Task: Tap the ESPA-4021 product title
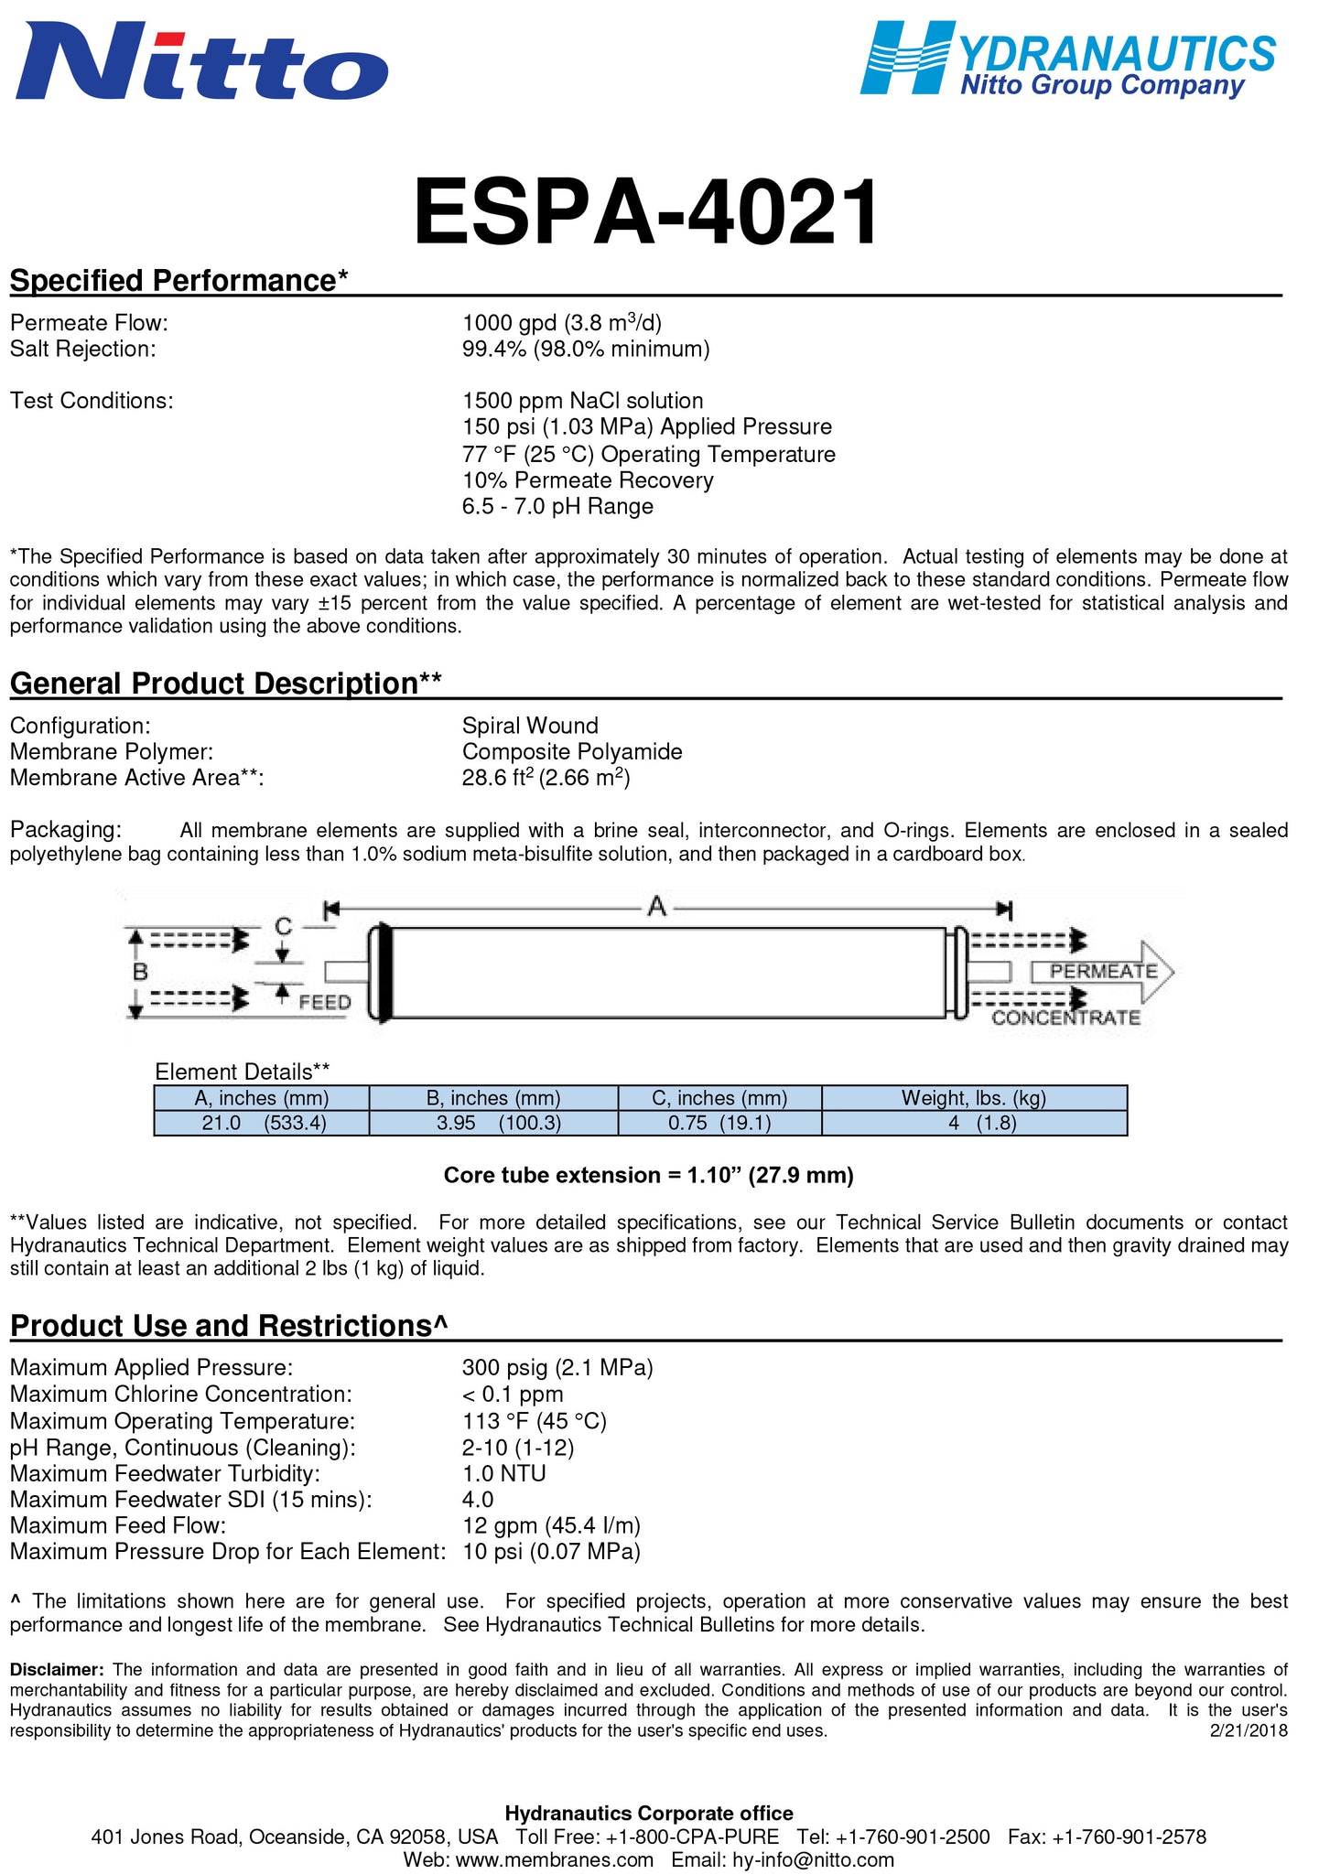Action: (646, 213)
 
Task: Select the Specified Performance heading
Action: (179, 280)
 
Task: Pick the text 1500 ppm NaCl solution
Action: (582, 401)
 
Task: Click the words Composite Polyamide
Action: (572, 752)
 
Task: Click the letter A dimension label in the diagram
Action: (656, 907)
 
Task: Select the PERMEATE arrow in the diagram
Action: (1102, 971)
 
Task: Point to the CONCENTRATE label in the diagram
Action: (1065, 1018)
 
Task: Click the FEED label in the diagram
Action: (325, 1002)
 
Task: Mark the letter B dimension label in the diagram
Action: (140, 972)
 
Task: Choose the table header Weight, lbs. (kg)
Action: (973, 1098)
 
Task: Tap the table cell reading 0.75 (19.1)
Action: (719, 1123)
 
